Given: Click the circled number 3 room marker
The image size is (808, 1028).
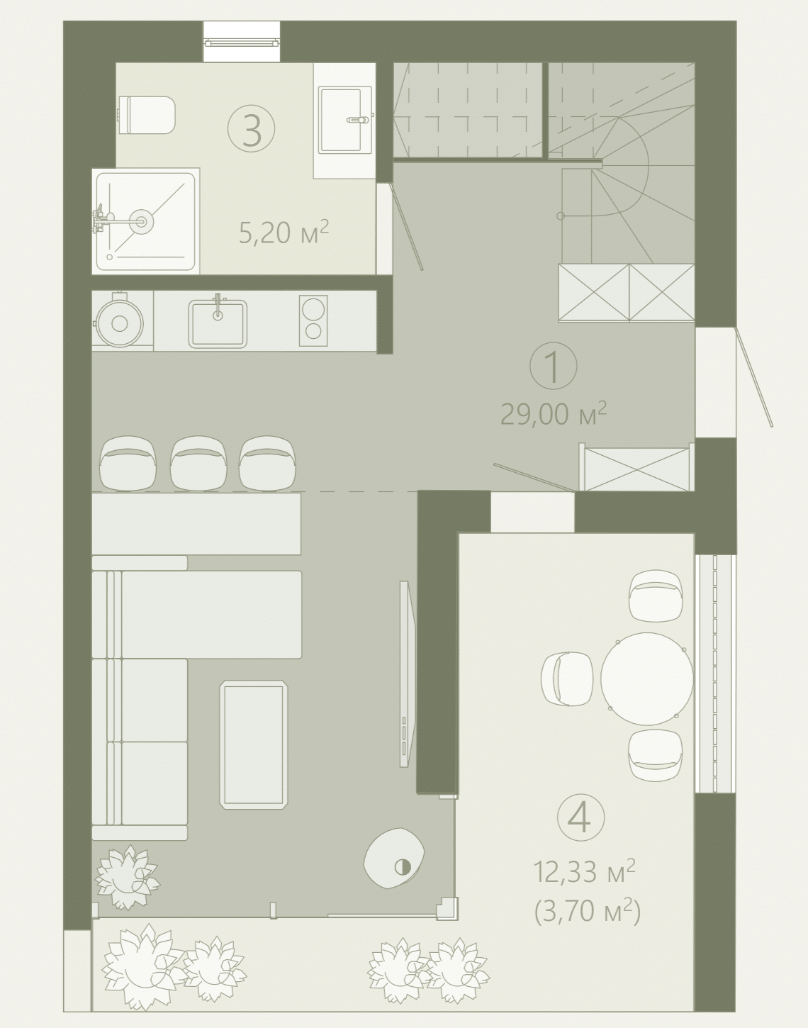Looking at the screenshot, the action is point(251,128).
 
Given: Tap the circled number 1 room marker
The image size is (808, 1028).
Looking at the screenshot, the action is point(553,365).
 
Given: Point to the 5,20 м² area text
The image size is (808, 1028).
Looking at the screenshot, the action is point(284,232).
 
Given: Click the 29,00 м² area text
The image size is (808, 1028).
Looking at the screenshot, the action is point(553,414).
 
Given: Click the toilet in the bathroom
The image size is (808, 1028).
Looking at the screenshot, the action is point(146,115).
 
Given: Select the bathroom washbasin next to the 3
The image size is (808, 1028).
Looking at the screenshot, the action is point(345,120).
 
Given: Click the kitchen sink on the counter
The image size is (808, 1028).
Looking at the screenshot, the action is point(218,323).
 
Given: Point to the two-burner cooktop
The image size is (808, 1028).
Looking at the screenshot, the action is point(313,320).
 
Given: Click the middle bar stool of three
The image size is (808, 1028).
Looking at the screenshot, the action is point(198,464).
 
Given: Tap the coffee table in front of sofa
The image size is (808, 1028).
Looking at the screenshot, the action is point(254,744).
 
